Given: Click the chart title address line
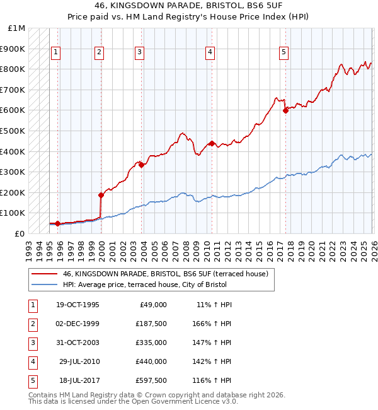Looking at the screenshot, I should pos(188,7).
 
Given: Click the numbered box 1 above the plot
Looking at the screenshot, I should pos(57,52).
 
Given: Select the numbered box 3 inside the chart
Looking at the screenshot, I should pos(139,52).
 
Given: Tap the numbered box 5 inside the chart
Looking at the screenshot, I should pos(284,52).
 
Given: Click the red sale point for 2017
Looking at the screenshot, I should pos(285,110).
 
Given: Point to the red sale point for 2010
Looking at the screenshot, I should pos(212,143).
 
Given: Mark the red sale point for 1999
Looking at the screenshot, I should pos(101,195).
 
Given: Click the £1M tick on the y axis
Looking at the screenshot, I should pos(17,28).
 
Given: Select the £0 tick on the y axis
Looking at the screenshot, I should pos(20,233).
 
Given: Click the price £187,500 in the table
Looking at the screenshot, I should pos(151,323).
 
